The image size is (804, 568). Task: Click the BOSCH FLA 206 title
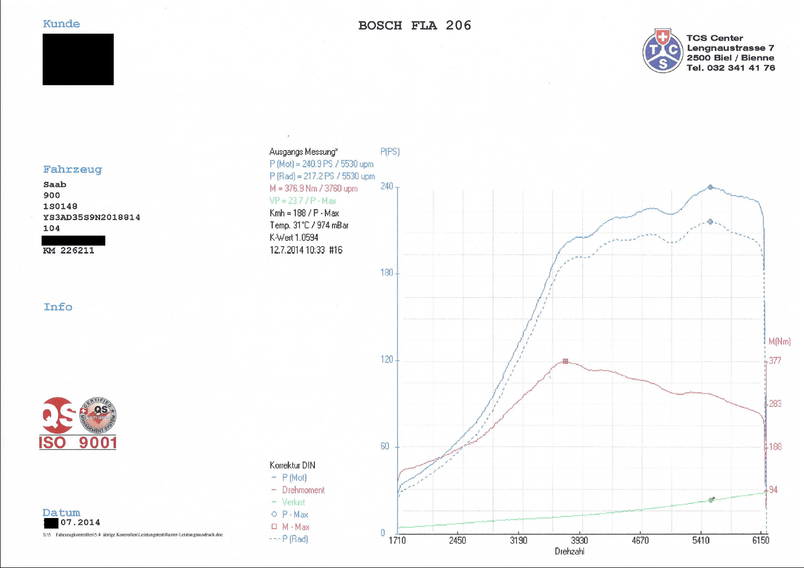point(414,25)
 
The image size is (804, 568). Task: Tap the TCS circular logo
point(663,51)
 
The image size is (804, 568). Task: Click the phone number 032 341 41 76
point(741,68)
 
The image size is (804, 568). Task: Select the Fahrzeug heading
point(73,169)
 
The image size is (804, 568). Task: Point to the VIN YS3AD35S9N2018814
point(92,217)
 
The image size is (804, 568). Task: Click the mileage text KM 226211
point(68,250)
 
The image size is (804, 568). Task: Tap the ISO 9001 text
point(78,442)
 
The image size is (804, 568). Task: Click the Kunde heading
point(62,24)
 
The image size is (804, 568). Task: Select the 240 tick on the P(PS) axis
point(387,186)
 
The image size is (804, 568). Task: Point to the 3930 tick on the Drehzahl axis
point(579,540)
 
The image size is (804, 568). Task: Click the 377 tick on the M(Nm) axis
point(775,361)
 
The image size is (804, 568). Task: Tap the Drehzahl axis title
point(570,551)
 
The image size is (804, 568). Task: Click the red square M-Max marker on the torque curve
point(565,361)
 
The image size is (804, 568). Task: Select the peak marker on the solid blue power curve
point(710,187)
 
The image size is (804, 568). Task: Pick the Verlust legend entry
point(293,502)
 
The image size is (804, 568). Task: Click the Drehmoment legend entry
point(303,490)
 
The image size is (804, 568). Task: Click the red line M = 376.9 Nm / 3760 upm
point(313,188)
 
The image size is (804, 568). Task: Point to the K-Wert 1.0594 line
point(294,238)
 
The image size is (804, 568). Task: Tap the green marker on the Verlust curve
point(711,500)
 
